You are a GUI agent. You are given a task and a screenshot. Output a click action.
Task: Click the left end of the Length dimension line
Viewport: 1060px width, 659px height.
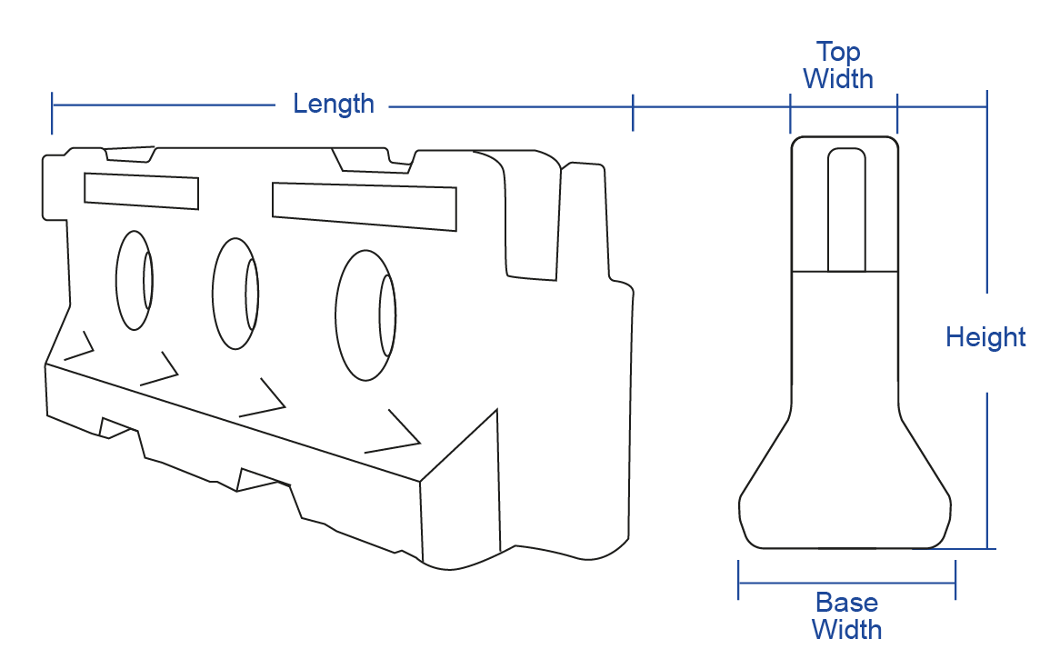[x=52, y=105]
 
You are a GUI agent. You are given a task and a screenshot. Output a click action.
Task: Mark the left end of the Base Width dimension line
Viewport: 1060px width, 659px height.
[x=738, y=582]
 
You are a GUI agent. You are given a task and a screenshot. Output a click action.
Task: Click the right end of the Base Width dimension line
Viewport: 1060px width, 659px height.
[x=955, y=582]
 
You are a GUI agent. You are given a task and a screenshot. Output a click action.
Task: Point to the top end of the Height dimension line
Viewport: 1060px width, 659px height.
[x=987, y=91]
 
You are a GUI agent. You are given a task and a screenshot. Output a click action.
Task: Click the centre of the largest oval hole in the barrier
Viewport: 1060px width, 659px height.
[x=365, y=315]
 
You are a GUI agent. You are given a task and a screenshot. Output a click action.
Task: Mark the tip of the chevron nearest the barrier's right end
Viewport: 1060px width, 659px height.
[x=421, y=443]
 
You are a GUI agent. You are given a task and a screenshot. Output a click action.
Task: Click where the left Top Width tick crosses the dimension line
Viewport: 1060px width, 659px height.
[x=790, y=106]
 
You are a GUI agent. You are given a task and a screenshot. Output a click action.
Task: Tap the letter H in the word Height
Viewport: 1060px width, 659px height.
[x=954, y=336]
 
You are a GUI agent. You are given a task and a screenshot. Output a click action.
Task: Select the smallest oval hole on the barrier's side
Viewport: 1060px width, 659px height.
[x=135, y=281]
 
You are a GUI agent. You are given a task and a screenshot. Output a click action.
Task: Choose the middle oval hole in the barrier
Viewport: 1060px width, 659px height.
[x=235, y=294]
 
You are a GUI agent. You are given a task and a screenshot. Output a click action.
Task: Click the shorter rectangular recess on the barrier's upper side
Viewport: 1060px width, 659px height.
[x=141, y=191]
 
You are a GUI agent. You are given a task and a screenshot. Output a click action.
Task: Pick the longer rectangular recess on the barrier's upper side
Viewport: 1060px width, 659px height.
[x=365, y=206]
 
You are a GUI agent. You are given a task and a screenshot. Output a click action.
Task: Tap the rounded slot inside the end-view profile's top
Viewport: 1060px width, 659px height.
[x=846, y=210]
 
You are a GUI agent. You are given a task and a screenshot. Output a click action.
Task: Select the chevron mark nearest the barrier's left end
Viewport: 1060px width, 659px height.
[x=79, y=345]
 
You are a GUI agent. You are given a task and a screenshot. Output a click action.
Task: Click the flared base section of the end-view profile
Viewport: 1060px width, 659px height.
[x=845, y=476]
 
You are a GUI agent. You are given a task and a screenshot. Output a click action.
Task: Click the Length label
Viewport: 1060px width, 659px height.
[x=334, y=104]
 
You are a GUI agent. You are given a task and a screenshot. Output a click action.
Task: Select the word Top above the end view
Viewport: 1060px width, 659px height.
[x=838, y=52]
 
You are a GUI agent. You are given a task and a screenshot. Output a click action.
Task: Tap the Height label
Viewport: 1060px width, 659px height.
[x=985, y=336]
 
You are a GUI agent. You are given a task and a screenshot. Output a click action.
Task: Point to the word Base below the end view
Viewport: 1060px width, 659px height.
[x=846, y=602]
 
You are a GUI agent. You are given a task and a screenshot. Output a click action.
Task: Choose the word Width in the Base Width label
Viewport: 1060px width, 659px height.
[x=846, y=629]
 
